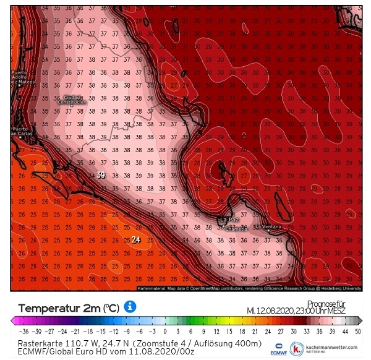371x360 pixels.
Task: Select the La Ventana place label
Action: [x=272, y=227]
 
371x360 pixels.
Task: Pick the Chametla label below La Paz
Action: [x=236, y=229]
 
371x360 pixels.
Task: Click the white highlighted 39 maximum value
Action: [x=101, y=176]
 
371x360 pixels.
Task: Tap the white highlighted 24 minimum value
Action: [x=137, y=240]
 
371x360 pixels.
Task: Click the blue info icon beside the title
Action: [x=130, y=307]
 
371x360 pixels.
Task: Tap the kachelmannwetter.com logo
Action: [x=328, y=348]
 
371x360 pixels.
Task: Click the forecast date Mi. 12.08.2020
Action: [x=275, y=310]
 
